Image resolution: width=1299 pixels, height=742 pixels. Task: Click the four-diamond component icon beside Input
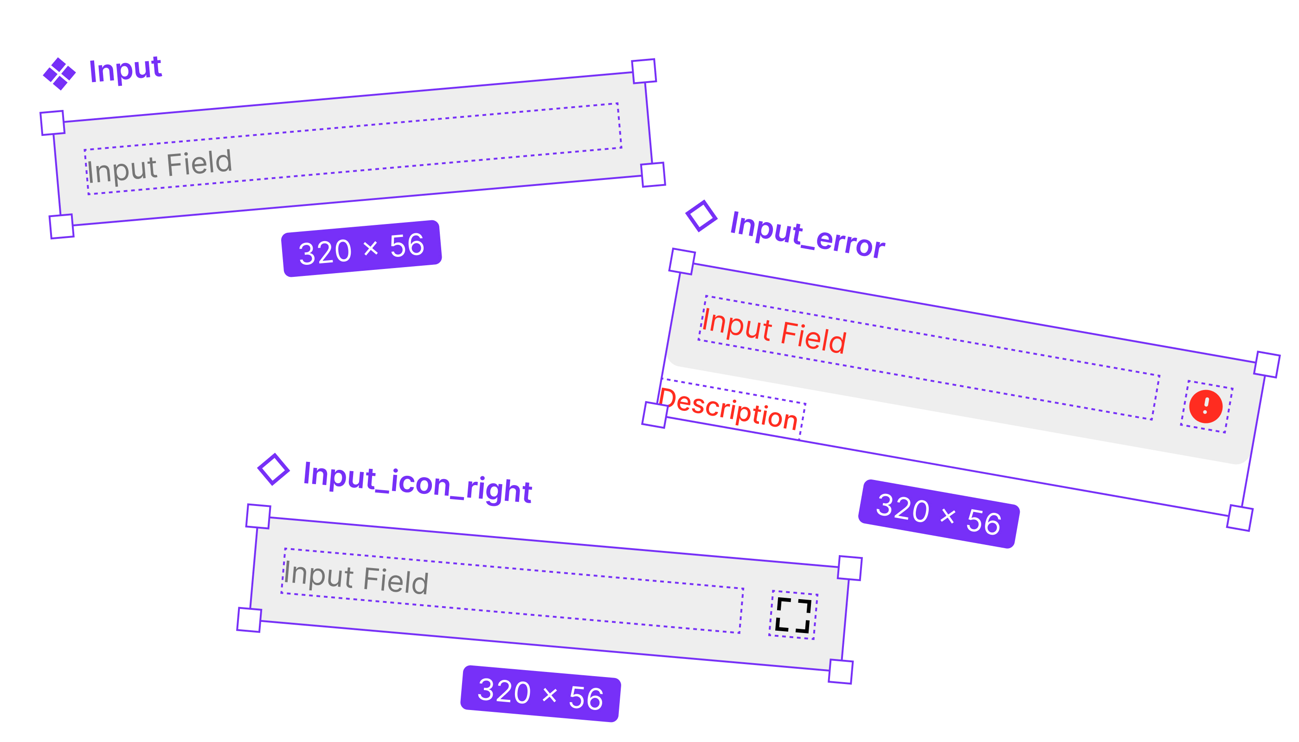pyautogui.click(x=59, y=74)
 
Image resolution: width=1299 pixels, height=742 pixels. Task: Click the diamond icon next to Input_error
pyautogui.click(x=701, y=216)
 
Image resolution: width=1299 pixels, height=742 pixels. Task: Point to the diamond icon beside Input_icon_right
pyautogui.click(x=274, y=469)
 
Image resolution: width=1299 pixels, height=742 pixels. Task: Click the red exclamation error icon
pyautogui.click(x=1206, y=407)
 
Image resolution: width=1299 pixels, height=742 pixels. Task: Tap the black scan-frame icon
pyautogui.click(x=793, y=615)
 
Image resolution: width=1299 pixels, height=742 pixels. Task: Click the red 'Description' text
pyautogui.click(x=728, y=409)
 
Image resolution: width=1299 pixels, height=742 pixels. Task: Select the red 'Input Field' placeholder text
pyautogui.click(x=774, y=331)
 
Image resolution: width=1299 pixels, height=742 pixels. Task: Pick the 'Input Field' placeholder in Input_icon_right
pyautogui.click(x=356, y=577)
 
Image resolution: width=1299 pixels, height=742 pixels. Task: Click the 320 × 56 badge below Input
pyautogui.click(x=361, y=249)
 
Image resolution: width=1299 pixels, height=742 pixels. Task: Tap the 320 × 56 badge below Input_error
pyautogui.click(x=939, y=514)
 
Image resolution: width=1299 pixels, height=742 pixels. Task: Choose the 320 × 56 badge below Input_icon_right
pyautogui.click(x=540, y=694)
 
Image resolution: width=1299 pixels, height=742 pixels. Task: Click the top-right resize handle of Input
pyautogui.click(x=644, y=71)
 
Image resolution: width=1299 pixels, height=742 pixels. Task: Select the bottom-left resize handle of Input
pyautogui.click(x=62, y=226)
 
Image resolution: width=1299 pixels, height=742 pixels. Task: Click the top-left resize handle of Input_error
pyautogui.click(x=682, y=262)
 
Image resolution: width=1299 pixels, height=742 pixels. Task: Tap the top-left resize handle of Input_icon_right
pyautogui.click(x=258, y=516)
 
